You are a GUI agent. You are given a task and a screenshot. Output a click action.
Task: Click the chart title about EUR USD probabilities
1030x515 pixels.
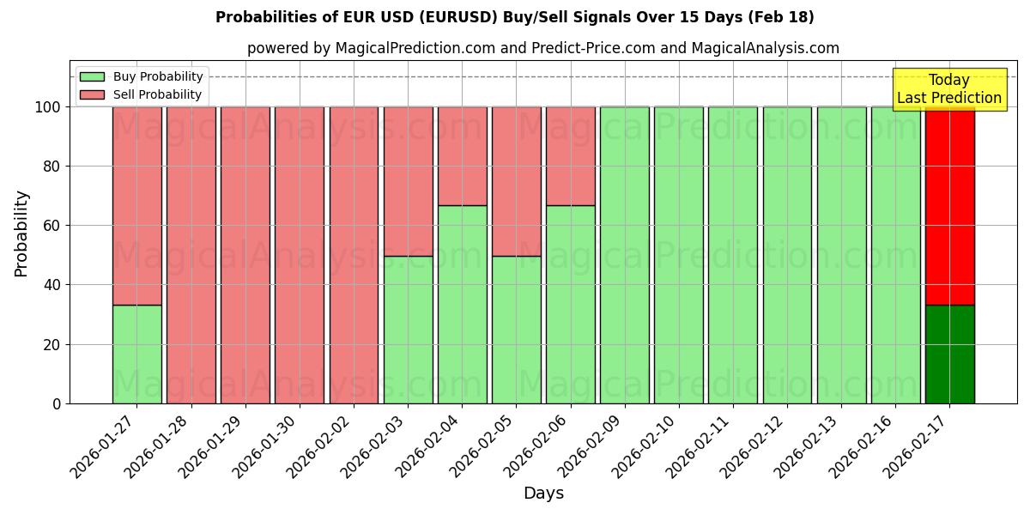click(515, 17)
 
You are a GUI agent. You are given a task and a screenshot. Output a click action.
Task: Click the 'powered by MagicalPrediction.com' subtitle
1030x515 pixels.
click(542, 48)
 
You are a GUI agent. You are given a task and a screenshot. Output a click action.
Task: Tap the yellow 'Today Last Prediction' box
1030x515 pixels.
click(948, 89)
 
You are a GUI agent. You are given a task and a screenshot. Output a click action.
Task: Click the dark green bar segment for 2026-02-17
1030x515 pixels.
click(949, 354)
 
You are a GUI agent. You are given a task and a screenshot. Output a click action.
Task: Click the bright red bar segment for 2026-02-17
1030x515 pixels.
click(949, 206)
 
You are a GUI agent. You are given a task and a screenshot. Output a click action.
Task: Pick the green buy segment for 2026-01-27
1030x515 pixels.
click(136, 354)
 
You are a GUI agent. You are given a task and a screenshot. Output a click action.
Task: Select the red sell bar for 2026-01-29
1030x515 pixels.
click(245, 255)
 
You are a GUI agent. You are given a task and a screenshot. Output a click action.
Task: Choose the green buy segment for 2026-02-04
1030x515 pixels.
click(462, 304)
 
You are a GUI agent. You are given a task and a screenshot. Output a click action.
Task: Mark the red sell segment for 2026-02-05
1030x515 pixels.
click(516, 181)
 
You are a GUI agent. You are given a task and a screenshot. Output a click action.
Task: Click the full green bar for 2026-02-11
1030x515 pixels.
click(733, 255)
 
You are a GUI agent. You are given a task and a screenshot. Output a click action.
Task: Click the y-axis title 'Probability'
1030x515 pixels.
click(21, 233)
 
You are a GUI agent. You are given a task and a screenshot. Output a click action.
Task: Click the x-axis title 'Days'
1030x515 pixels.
click(543, 494)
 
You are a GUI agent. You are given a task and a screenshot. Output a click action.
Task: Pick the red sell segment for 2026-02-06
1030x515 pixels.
click(570, 156)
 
